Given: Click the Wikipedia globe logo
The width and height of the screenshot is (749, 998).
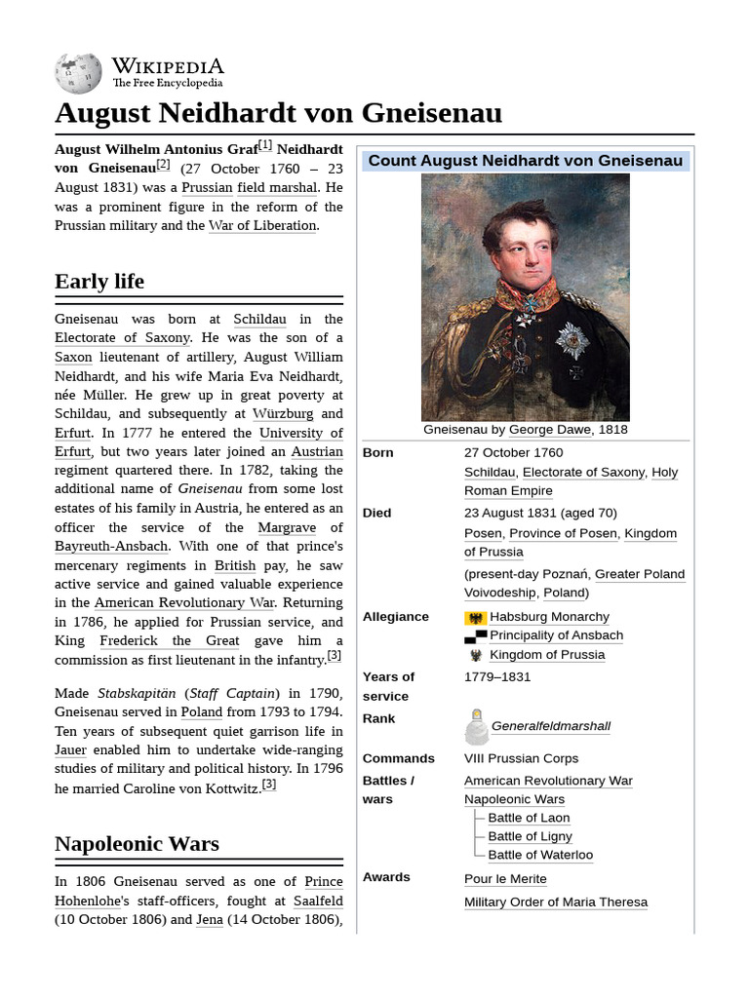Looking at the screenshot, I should tap(78, 73).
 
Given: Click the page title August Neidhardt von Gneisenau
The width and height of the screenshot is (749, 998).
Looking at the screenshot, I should tap(278, 113).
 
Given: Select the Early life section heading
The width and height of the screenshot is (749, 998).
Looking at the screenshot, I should tap(99, 282).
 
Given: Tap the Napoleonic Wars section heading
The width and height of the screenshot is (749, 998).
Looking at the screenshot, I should tap(137, 844).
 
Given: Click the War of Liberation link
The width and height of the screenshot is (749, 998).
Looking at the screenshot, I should tap(262, 225).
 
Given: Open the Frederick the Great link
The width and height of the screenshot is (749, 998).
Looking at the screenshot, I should tap(169, 640).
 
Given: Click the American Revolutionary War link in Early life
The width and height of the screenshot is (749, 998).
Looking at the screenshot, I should tap(184, 603).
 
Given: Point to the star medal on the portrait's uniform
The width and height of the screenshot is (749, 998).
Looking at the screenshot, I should tap(572, 340).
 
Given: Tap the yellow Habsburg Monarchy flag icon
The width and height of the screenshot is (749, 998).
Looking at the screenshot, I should tap(475, 618).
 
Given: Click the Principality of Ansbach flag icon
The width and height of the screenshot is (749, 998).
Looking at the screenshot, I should tap(475, 636).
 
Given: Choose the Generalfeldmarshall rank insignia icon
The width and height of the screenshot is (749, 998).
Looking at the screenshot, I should tap(475, 727).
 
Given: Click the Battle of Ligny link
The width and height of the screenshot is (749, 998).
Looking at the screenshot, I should tap(530, 836).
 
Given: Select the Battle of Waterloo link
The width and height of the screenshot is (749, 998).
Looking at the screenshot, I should tap(540, 855).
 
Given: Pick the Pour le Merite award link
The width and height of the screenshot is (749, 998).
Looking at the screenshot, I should tap(505, 879).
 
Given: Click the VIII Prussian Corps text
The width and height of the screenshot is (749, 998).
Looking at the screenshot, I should tap(521, 758).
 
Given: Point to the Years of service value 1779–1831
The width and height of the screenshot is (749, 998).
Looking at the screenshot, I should tap(497, 676).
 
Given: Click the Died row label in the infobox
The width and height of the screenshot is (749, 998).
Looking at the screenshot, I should tap(376, 513).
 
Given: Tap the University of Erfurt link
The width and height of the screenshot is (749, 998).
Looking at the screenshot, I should tap(297, 433).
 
